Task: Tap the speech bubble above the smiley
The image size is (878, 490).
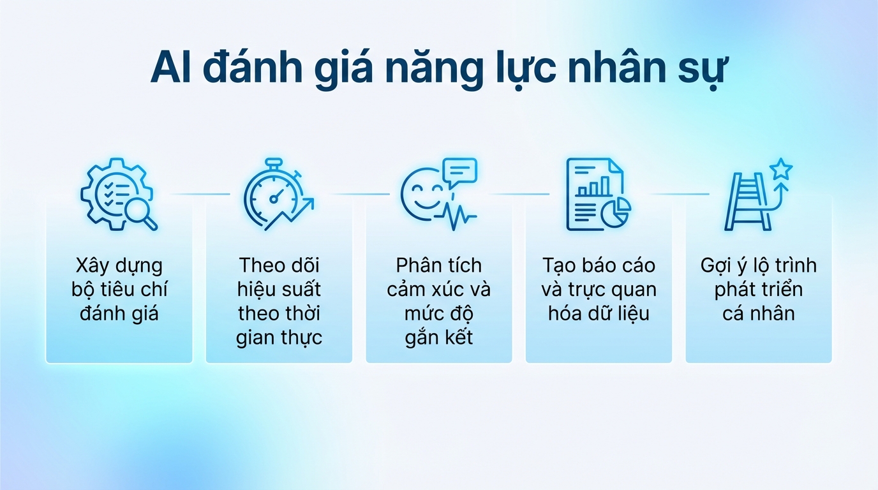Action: (x=460, y=172)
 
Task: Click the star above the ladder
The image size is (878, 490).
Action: (x=780, y=169)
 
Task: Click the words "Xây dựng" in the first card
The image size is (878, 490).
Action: (x=119, y=265)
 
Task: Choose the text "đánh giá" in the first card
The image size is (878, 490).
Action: (x=119, y=313)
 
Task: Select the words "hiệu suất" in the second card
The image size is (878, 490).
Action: (x=279, y=290)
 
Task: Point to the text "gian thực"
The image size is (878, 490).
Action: (x=279, y=338)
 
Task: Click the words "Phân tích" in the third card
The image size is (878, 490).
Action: (x=439, y=265)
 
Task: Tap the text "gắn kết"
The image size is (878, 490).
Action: (x=439, y=338)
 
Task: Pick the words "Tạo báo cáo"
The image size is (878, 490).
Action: (x=599, y=265)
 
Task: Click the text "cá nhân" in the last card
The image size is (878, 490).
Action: (x=759, y=313)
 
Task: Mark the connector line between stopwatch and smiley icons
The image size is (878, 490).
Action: (x=359, y=194)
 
